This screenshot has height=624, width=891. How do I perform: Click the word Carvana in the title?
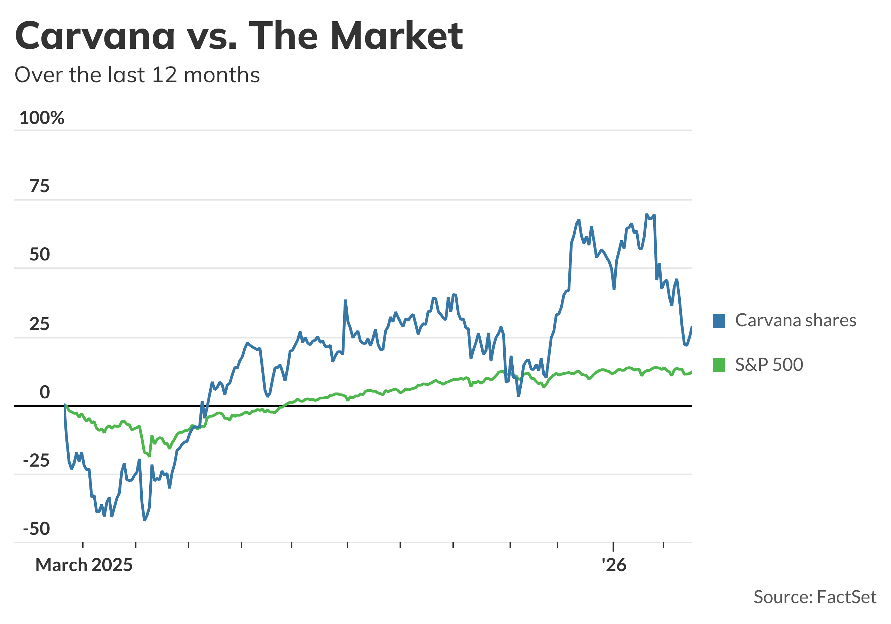pos(95,36)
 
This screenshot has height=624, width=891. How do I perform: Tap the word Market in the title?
pos(397,36)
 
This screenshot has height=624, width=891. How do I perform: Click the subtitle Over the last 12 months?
pos(137,75)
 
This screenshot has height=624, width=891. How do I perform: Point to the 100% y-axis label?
pos(41,118)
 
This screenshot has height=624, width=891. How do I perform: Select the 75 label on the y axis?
pos(39,186)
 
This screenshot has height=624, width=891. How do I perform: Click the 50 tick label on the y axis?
pos(39,255)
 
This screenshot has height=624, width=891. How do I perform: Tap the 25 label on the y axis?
pos(39,324)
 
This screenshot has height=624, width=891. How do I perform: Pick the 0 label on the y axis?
pos(45,392)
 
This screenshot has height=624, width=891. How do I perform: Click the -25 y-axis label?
pos(36,461)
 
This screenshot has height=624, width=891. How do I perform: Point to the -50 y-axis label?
pos(36,529)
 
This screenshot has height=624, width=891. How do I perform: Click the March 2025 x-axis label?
pos(84,565)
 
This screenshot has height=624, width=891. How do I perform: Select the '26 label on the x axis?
pos(614,565)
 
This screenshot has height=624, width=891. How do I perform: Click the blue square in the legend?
pos(719,321)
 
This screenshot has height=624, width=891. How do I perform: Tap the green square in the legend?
pos(719,365)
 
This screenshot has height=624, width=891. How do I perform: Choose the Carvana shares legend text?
pos(795,321)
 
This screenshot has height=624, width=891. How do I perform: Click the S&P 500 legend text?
pos(769,365)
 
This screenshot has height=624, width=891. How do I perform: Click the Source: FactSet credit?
pos(814,597)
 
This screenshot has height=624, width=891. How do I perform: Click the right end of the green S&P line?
pos(691,372)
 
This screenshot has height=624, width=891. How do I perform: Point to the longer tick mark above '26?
pos(613,546)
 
